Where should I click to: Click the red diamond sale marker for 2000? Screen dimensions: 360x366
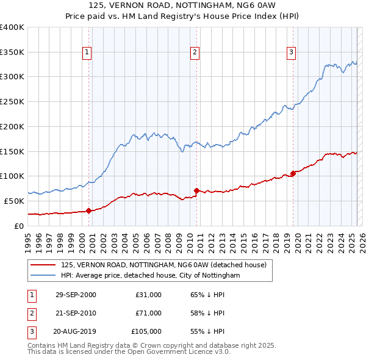[89, 211]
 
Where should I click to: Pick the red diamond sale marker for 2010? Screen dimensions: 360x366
[196, 190]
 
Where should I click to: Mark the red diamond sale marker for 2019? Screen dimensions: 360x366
[293, 173]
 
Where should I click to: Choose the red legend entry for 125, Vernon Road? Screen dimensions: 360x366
[163, 265]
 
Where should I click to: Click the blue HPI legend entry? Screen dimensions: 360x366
[151, 276]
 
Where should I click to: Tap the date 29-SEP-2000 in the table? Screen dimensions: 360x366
[76, 295]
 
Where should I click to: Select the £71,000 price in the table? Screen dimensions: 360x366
[149, 313]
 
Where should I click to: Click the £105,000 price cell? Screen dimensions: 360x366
[146, 331]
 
